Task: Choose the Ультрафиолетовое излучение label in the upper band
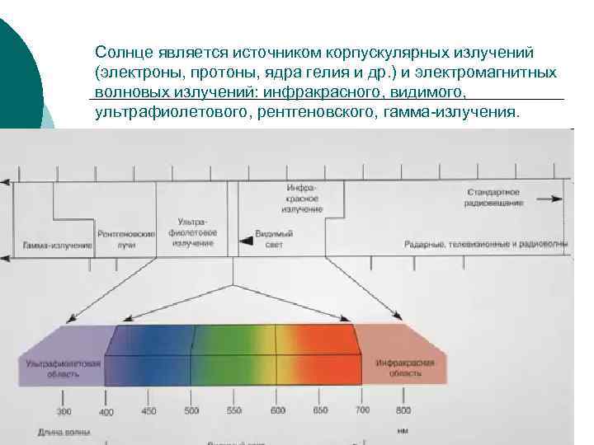pos(193,232)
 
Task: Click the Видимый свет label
pos(273,239)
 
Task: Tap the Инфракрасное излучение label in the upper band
pos(304,199)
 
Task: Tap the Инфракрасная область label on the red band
pos(399,368)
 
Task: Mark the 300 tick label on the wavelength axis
pos(64,410)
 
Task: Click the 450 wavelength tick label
pos(148,410)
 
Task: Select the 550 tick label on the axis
pos(233,410)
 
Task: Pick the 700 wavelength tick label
pos(361,410)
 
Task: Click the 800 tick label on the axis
pos(403,410)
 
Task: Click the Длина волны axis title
pos(64,432)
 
